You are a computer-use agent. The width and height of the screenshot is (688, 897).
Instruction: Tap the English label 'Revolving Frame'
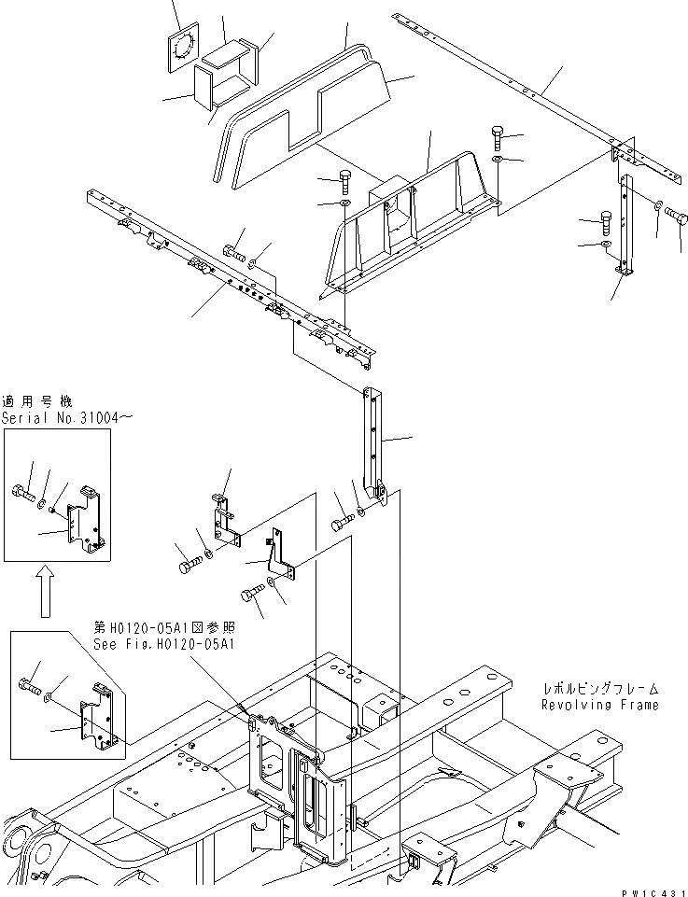tap(599, 705)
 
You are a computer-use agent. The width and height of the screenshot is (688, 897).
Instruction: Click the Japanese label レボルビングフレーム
tap(600, 689)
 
